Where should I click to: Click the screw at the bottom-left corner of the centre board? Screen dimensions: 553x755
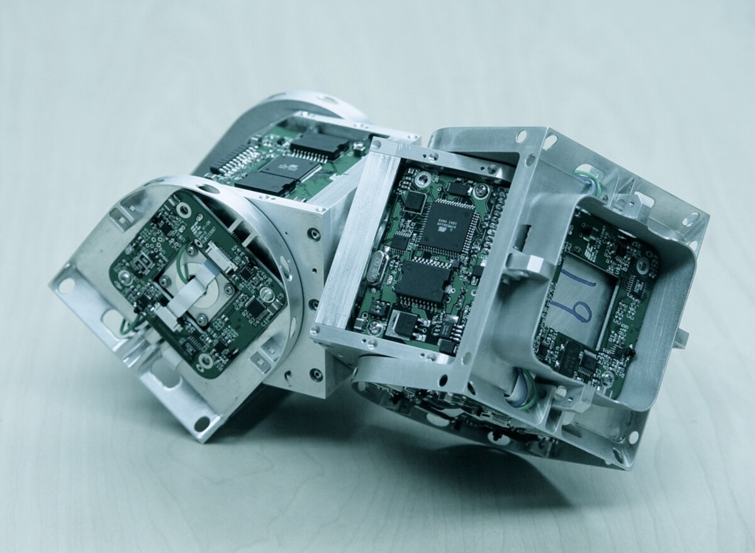tap(375, 326)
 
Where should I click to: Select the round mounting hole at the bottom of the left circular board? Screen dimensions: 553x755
tap(206, 361)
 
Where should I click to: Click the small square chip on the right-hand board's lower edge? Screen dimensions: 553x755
tap(588, 361)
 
